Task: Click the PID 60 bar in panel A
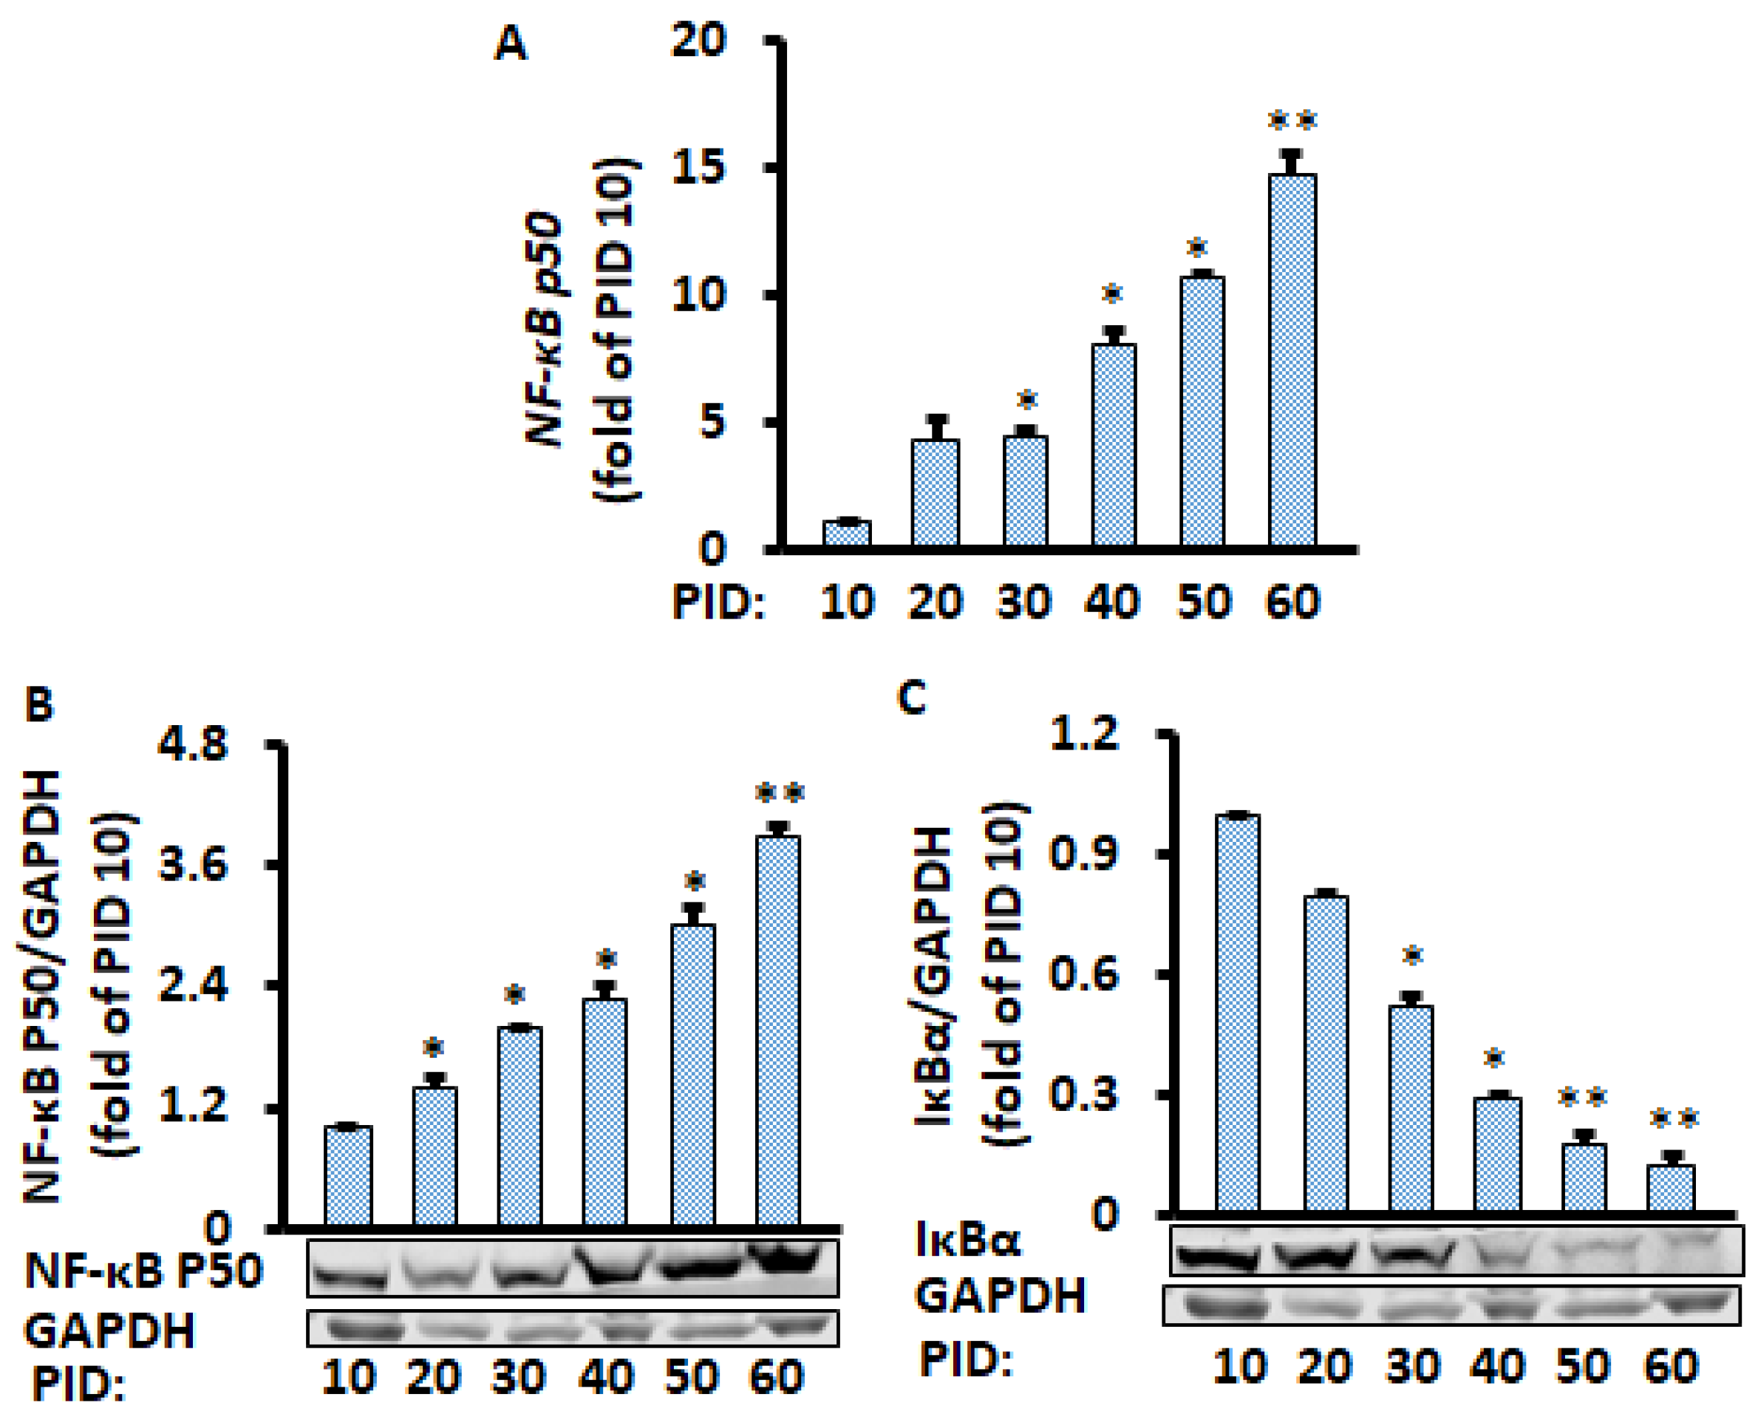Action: (x=1292, y=359)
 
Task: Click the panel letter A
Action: (x=511, y=44)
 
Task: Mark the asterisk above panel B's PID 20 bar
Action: (x=433, y=1048)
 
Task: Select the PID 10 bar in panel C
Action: (x=1237, y=1013)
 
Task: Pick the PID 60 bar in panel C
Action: (x=1671, y=1188)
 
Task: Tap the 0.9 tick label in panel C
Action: (x=1083, y=854)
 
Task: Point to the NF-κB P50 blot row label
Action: (x=143, y=1271)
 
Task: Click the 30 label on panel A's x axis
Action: (x=1023, y=603)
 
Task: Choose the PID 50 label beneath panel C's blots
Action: (x=1584, y=1367)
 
